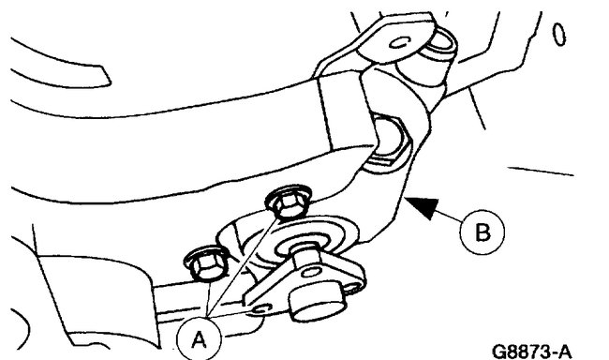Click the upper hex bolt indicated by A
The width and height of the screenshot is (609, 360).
click(x=283, y=202)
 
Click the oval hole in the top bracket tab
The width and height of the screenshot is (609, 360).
click(x=400, y=44)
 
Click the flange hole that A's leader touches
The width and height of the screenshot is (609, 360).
click(x=262, y=308)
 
